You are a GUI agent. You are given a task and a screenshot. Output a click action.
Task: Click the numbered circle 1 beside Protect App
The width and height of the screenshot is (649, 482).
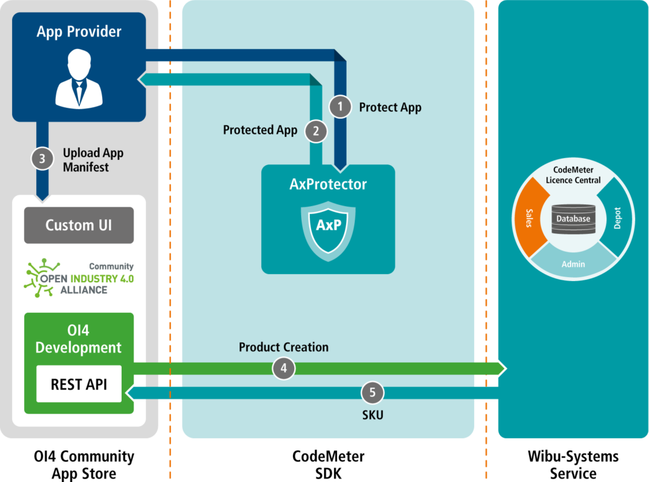pyautogui.click(x=340, y=107)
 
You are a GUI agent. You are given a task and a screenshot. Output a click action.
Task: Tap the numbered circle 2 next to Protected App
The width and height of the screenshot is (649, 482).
pyautogui.click(x=316, y=131)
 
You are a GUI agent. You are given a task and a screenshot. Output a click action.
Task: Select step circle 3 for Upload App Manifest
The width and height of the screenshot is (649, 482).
pyautogui.click(x=42, y=159)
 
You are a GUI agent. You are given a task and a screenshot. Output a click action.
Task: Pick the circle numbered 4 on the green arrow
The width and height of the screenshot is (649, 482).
pyautogui.click(x=283, y=368)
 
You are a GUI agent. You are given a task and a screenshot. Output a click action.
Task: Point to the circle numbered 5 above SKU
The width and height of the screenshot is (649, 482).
pyautogui.click(x=372, y=393)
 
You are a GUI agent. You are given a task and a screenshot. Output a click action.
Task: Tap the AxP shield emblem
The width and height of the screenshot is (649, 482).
pyautogui.click(x=327, y=226)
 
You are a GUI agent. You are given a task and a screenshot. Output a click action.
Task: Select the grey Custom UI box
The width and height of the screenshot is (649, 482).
pyautogui.click(x=79, y=225)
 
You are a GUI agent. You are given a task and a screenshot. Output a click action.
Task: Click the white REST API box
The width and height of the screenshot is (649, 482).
pyautogui.click(x=79, y=384)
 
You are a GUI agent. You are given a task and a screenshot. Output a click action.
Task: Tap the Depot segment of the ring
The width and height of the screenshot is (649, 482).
pyautogui.click(x=617, y=218)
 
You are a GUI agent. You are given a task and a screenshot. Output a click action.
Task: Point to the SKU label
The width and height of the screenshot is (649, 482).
pyautogui.click(x=373, y=415)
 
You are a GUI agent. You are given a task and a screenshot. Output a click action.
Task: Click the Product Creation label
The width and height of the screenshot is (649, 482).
pyautogui.click(x=283, y=347)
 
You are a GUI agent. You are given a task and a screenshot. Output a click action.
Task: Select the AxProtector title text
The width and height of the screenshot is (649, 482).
pyautogui.click(x=328, y=185)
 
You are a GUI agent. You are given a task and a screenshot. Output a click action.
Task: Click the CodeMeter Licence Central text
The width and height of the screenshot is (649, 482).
pyautogui.click(x=572, y=176)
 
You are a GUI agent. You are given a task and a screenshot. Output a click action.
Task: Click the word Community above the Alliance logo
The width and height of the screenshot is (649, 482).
pyautogui.click(x=111, y=266)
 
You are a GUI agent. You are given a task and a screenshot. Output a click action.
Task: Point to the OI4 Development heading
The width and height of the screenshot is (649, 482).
pyautogui.click(x=79, y=339)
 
